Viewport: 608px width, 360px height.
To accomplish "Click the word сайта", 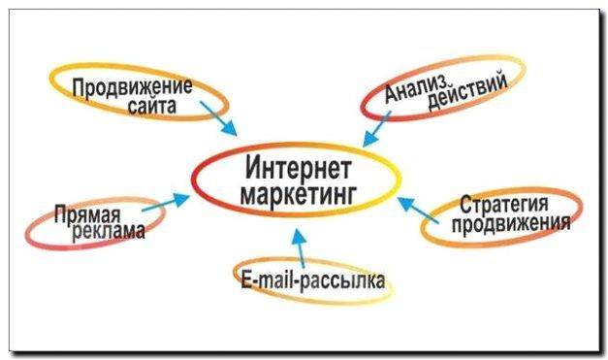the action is pyautogui.click(x=152, y=106).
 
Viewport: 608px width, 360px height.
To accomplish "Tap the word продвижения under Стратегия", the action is pyautogui.click(x=508, y=224).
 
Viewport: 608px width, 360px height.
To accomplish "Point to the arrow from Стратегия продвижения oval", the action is pyautogui.click(x=416, y=206).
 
